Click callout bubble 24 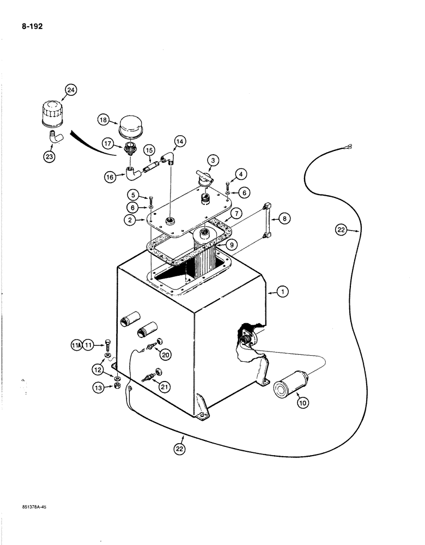point(70,90)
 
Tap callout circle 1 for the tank point(282,293)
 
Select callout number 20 point(164,354)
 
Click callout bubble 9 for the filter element point(233,245)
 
